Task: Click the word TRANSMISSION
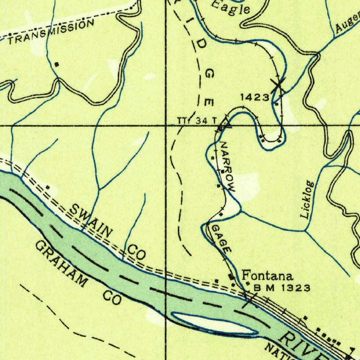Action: [51, 32]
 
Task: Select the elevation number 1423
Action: [255, 97]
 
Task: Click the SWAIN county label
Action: [91, 220]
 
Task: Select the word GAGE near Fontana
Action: [221, 239]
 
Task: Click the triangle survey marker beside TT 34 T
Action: [225, 123]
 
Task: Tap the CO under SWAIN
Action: [136, 252]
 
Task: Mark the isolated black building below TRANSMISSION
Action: [57, 64]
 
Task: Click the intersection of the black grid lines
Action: [166, 125]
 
